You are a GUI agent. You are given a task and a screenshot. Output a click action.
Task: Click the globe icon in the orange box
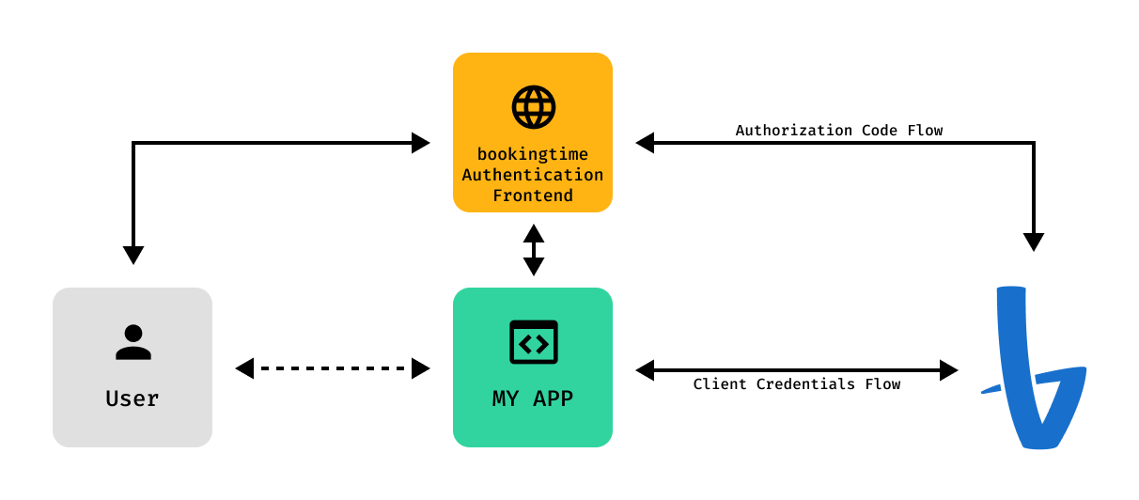[533, 107]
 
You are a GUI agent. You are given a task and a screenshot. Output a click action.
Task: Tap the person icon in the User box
[133, 342]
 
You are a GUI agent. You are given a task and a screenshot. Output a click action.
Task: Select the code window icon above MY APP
[533, 342]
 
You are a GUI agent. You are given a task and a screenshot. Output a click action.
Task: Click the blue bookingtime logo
[1035, 368]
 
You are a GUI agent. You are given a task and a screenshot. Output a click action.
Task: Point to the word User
[133, 398]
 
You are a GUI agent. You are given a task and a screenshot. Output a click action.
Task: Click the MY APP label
[533, 398]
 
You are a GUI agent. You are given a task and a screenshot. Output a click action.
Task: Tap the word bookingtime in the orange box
[533, 154]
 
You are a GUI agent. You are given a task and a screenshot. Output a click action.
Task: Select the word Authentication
[533, 175]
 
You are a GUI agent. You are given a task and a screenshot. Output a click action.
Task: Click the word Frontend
[533, 195]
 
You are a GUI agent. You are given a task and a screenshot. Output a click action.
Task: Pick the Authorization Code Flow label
[838, 130]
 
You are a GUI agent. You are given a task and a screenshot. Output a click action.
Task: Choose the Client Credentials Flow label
[796, 383]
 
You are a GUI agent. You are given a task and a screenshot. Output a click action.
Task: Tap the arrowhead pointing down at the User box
[133, 255]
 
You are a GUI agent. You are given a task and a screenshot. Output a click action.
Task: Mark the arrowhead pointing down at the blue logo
[1034, 242]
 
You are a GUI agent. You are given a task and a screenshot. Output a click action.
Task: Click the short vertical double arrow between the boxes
[534, 250]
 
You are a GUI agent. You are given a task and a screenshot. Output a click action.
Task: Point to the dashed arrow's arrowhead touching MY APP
[420, 368]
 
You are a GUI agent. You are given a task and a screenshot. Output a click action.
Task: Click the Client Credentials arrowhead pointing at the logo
[948, 370]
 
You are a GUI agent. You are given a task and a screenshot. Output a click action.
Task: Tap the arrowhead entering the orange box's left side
[420, 143]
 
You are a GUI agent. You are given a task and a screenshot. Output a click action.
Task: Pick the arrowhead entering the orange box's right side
[646, 143]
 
